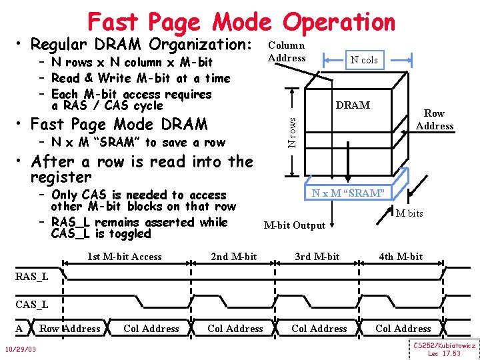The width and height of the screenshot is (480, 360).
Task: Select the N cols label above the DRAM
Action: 364,60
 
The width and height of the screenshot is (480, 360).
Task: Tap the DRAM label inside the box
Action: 353,105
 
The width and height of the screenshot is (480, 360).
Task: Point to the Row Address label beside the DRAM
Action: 434,119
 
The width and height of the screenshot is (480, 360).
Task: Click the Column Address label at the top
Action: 287,51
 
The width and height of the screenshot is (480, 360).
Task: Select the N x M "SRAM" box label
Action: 348,193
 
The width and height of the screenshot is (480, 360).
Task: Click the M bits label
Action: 409,213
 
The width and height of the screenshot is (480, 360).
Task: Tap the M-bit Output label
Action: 295,225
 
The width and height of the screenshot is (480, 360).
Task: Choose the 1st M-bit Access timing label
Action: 125,257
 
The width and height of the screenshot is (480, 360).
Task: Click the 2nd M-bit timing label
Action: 233,257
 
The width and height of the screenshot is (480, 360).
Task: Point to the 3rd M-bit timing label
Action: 317,257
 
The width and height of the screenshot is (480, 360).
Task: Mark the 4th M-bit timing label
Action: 401,257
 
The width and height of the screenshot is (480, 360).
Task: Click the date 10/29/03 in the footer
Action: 19,350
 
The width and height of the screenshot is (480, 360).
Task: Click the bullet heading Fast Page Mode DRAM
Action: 119,125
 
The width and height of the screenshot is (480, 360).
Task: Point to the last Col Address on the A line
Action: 403,329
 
